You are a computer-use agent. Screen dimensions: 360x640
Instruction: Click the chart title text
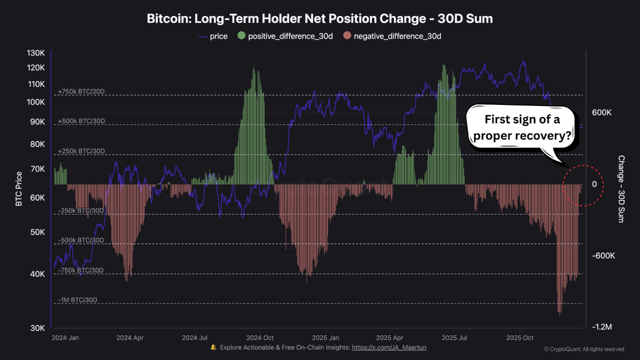320,19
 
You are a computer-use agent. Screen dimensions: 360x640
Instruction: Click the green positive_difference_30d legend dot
241,36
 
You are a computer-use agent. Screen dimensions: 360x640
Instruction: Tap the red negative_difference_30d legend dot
347,36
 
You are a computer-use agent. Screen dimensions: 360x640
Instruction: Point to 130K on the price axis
36,53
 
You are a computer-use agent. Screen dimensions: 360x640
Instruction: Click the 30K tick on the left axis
38,328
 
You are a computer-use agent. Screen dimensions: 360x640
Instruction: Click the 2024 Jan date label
65,337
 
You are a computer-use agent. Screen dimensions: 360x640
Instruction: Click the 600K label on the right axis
601,113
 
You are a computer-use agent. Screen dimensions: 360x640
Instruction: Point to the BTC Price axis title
19,189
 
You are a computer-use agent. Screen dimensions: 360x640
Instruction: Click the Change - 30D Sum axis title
621,189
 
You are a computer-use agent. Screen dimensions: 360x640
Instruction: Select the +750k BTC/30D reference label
81,91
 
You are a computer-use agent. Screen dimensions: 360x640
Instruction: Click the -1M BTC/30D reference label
77,300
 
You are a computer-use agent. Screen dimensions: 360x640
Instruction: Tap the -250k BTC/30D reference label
81,210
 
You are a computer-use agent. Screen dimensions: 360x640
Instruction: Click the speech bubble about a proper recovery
523,127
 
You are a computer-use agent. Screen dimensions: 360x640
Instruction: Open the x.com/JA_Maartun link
389,347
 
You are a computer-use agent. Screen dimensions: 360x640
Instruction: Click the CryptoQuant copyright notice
584,349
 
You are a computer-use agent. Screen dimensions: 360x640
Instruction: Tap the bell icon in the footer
213,347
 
